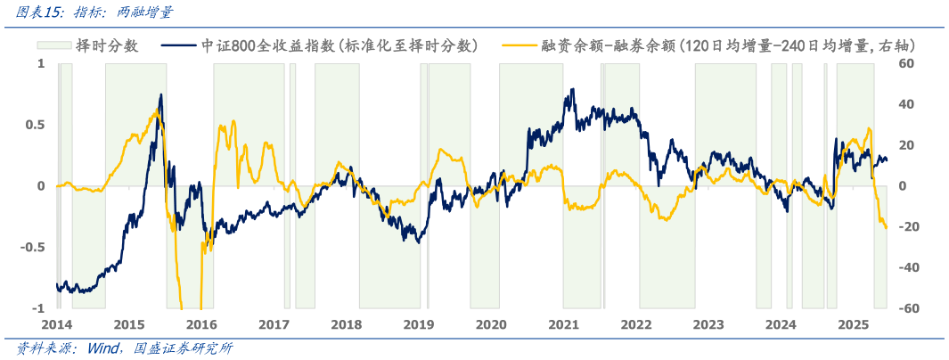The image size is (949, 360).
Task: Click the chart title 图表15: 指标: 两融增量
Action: (89, 12)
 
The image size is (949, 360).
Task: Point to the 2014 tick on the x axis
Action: (57, 324)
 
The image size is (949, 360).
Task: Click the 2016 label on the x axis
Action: (201, 324)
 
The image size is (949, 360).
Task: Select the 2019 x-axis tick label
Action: (419, 324)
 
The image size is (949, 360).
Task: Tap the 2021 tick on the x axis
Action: (563, 324)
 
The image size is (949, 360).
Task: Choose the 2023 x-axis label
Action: (708, 324)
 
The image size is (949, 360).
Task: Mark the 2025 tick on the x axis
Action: (854, 324)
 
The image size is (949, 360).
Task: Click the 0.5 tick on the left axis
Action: (36, 125)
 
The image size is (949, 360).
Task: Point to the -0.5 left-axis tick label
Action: (33, 247)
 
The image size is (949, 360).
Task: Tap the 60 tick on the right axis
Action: (907, 64)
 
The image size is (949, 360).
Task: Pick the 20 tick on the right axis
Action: (907, 145)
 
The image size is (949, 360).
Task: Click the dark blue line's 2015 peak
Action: (161, 94)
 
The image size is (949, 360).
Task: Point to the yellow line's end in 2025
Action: (887, 228)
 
